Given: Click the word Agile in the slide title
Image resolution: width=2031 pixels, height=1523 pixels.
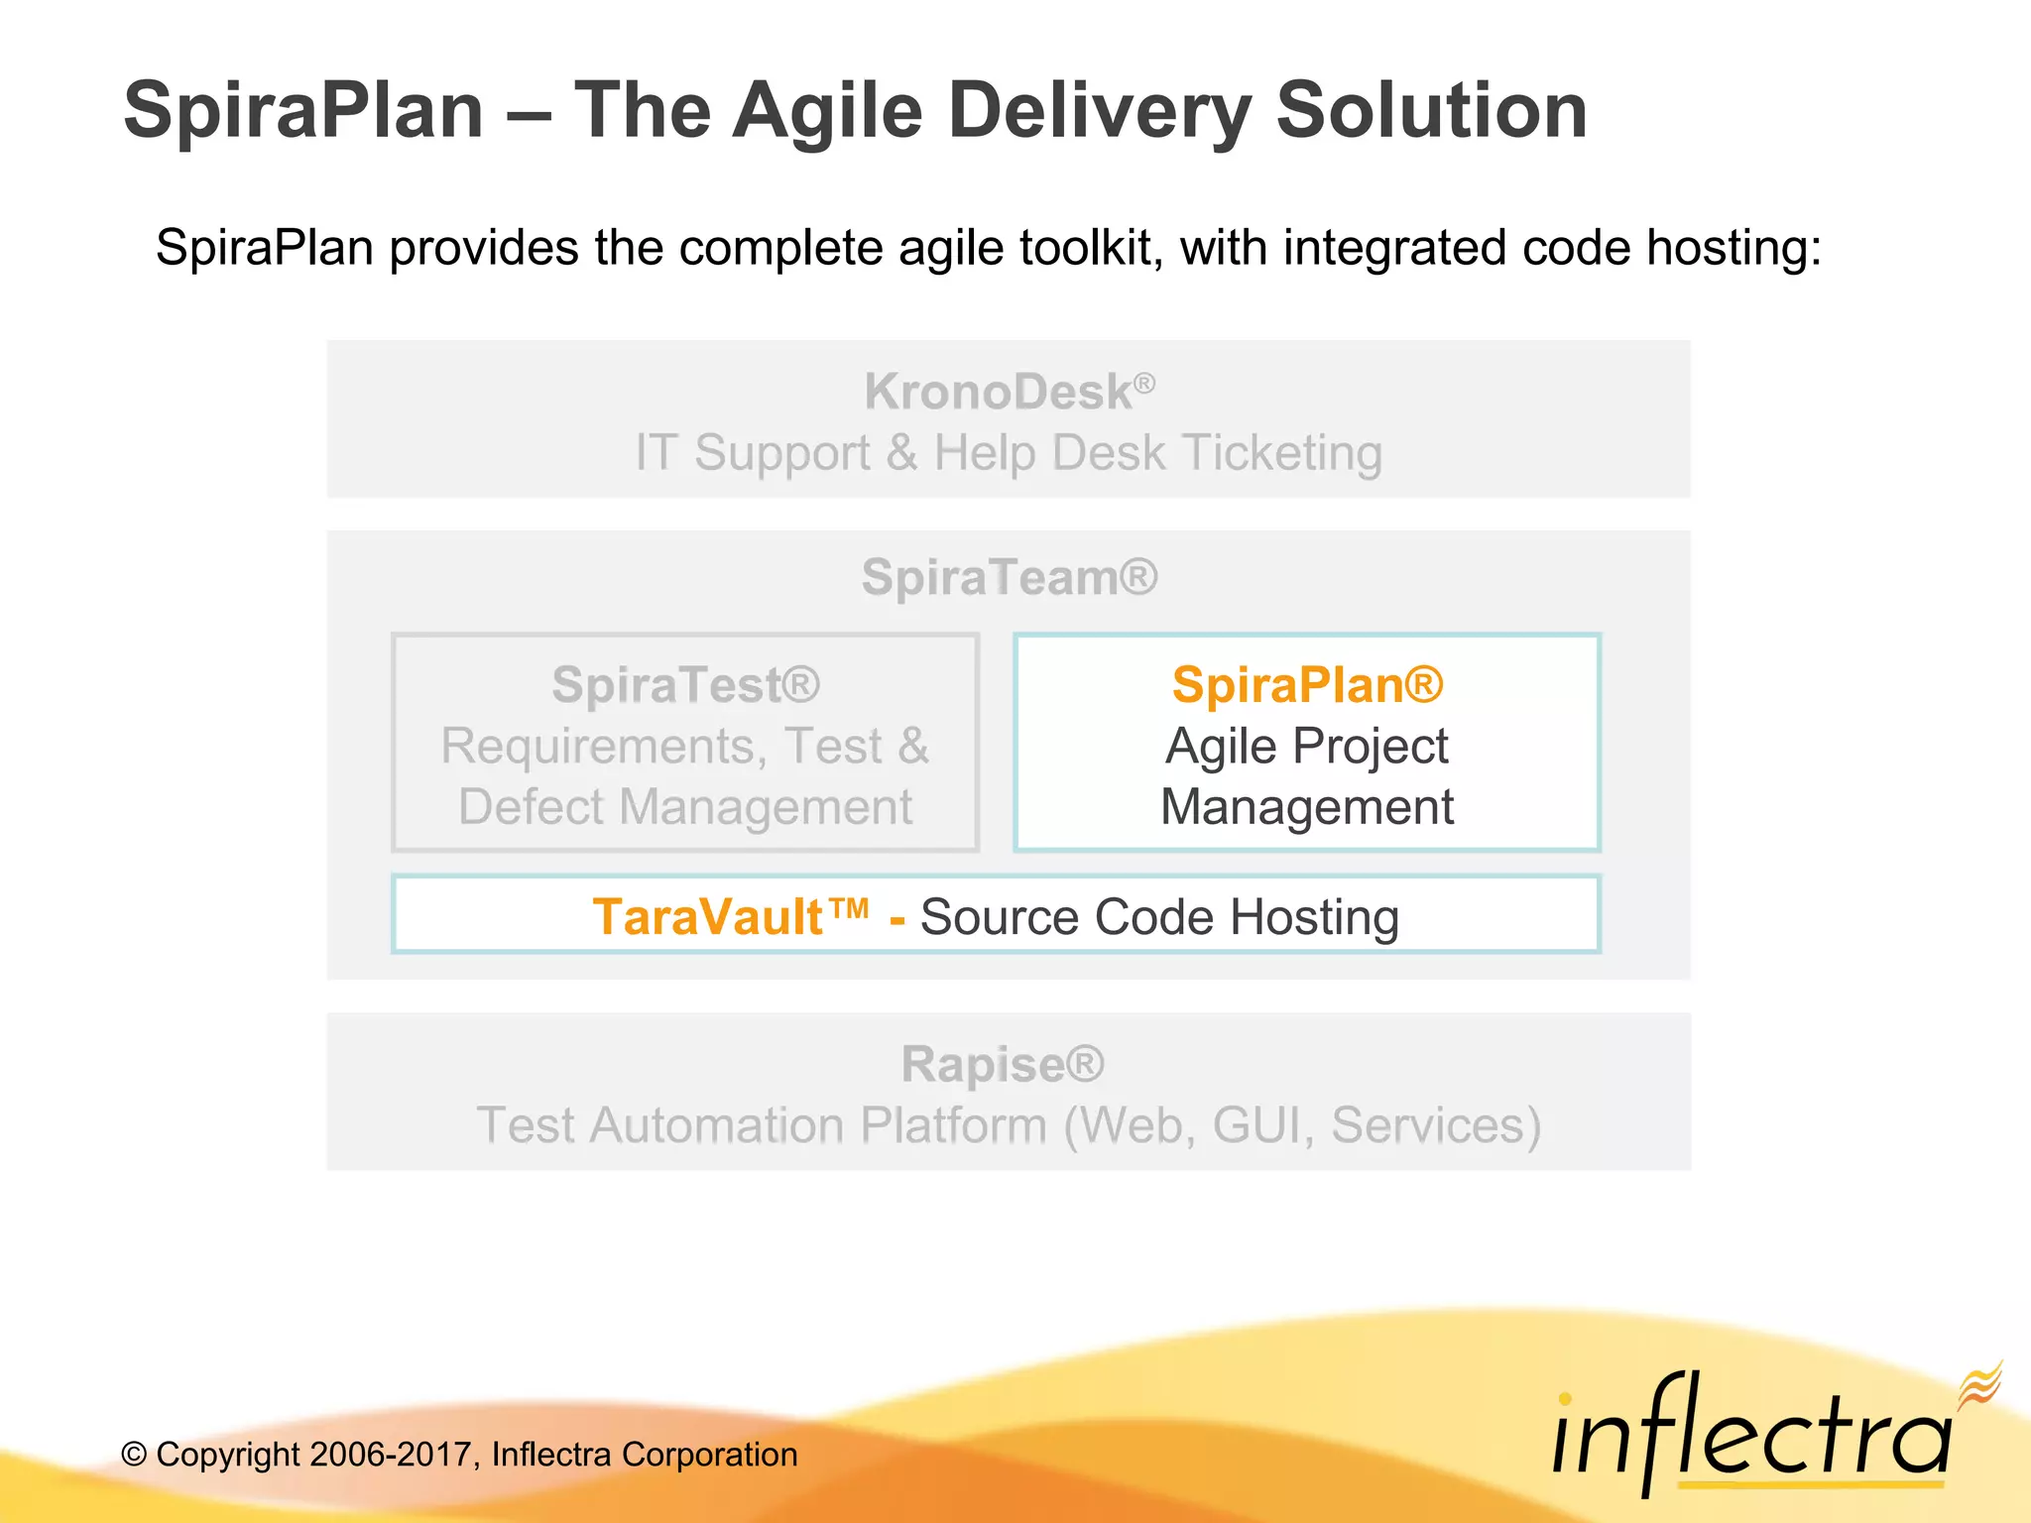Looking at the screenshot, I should coord(827,111).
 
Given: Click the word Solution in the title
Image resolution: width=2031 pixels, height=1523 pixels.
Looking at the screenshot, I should coord(1431,111).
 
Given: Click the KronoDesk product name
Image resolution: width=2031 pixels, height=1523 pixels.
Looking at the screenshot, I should coord(998,392).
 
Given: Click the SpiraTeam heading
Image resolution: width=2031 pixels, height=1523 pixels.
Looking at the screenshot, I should coord(1009,577).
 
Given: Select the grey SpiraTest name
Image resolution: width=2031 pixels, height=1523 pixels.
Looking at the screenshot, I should coord(685,685).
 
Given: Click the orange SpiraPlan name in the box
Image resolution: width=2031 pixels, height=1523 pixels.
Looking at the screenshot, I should coord(1307,685).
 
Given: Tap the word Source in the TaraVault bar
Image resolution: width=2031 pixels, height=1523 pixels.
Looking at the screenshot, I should coord(999,917).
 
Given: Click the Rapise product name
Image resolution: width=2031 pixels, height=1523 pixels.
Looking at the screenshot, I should coord(1002,1065).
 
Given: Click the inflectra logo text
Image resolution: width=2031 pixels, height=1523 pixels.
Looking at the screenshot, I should coord(1750,1438).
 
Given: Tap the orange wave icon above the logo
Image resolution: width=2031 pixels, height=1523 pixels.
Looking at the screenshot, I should coord(1979,1384).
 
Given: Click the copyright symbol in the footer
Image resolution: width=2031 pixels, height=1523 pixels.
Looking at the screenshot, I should coord(134,1456).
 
